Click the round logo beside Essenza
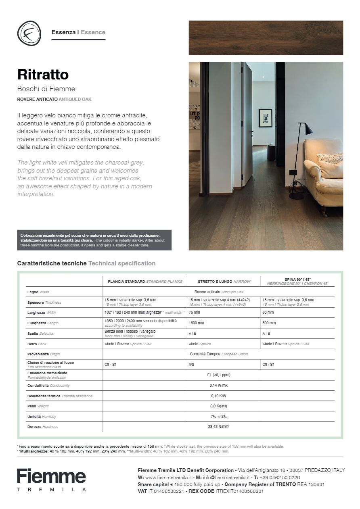pos(29,33)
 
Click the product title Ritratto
pos(43,75)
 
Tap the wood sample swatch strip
pos(266,38)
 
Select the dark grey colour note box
pos(94,240)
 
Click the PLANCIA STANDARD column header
pos(144,282)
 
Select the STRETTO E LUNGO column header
pos(224,282)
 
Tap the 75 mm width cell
pos(194,313)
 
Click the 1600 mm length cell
pos(196,323)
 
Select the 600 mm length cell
pos(269,323)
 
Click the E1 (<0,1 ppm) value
pos(219,375)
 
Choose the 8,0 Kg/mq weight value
pos(219,406)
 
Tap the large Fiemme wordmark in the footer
pos(51,476)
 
